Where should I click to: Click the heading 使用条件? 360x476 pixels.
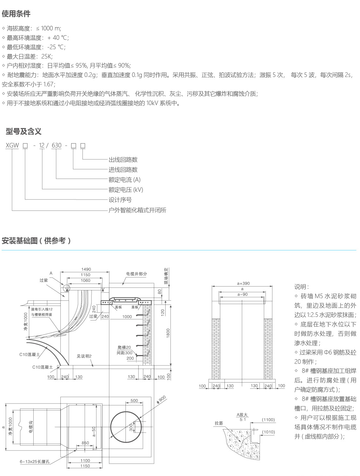(x=16, y=14)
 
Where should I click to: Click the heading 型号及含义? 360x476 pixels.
(x=24, y=132)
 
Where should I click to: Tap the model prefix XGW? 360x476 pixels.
(x=12, y=146)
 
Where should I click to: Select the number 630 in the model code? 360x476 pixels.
(x=57, y=146)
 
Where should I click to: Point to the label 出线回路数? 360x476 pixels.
(x=123, y=160)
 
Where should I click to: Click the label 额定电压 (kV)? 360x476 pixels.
(x=126, y=190)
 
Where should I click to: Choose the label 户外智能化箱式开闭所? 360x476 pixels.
(x=137, y=210)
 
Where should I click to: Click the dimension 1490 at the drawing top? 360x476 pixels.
(x=86, y=269)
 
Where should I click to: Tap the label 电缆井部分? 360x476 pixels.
(x=136, y=274)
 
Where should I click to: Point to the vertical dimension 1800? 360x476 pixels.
(x=168, y=333)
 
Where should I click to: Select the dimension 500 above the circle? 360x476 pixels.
(x=134, y=401)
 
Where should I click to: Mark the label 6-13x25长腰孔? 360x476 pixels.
(x=35, y=461)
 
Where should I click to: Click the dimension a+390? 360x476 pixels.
(x=243, y=283)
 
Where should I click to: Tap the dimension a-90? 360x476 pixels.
(x=242, y=294)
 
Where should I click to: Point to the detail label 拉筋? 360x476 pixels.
(x=219, y=423)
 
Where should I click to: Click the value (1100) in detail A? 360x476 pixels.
(x=268, y=420)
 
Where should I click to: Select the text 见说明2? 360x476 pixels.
(x=84, y=356)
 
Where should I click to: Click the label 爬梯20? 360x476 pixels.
(x=124, y=348)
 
